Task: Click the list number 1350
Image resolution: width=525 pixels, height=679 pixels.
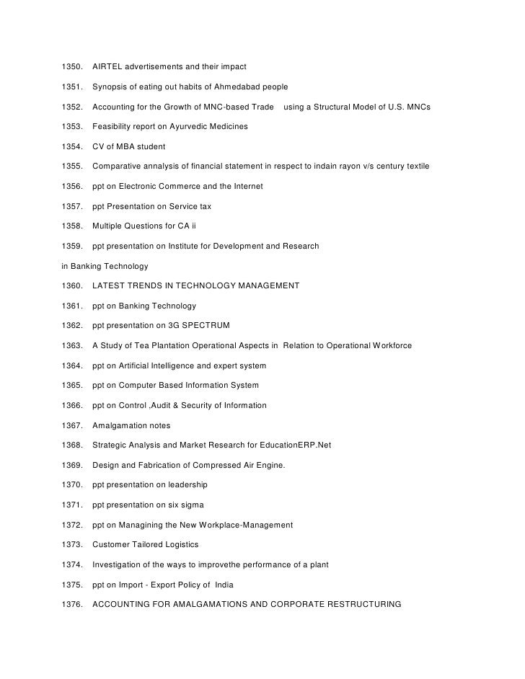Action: (x=73, y=67)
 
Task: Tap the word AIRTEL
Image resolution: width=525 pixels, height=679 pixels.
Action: (x=108, y=67)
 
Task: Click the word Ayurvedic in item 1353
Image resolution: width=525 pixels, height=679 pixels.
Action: (x=186, y=127)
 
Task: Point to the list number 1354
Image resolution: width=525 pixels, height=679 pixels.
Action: (x=73, y=147)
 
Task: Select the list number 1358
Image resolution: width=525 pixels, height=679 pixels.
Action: (x=73, y=226)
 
